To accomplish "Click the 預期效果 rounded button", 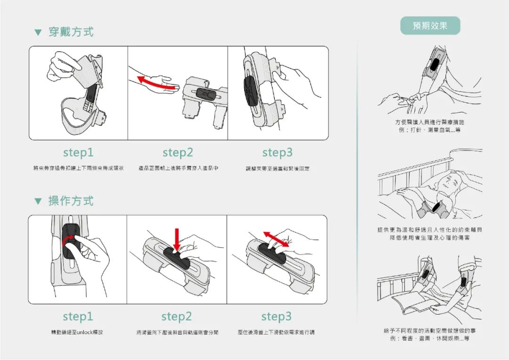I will click(430, 26).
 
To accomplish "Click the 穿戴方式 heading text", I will click(71, 32).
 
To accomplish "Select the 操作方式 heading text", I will click(71, 201).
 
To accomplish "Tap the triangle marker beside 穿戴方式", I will click(38, 33).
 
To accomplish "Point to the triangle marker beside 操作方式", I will click(38, 201).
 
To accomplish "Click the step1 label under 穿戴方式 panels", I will click(78, 153).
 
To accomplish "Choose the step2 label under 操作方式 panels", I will click(177, 316).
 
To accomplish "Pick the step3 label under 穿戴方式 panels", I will click(277, 153).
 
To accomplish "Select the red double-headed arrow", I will click(276, 239).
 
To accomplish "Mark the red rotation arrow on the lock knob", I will click(66, 241).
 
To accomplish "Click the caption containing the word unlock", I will click(77, 333).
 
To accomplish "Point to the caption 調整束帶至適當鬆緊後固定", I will click(278, 169).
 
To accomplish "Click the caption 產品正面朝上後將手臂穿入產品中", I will click(178, 169).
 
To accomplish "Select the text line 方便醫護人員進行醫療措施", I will click(429, 123).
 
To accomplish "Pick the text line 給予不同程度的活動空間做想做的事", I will click(429, 331).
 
